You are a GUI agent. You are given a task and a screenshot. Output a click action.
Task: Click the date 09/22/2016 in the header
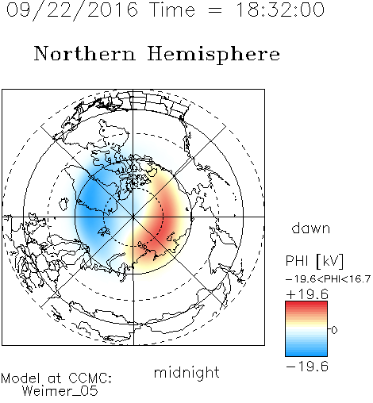(72, 10)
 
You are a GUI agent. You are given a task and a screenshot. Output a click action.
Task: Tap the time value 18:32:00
(280, 10)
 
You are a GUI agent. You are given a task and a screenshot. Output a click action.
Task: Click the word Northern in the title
(85, 53)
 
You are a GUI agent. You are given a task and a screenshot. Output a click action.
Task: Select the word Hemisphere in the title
(213, 55)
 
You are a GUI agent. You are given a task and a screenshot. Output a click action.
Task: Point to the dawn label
(311, 228)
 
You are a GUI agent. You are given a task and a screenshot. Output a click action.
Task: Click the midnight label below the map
(186, 373)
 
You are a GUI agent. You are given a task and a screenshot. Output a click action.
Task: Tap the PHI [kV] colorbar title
(314, 261)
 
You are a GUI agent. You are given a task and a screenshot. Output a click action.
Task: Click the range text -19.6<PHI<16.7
(328, 279)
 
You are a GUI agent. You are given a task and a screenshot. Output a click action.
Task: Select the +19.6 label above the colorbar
(307, 294)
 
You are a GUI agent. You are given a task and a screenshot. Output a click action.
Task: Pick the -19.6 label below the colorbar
(307, 367)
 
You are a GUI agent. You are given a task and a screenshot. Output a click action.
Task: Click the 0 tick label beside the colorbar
(334, 330)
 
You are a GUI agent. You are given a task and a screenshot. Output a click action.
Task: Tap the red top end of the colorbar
(306, 304)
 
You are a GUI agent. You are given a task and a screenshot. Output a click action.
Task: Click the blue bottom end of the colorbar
(306, 354)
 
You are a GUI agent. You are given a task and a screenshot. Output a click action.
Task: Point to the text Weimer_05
(60, 391)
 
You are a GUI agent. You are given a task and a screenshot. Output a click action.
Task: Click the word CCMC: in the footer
(90, 378)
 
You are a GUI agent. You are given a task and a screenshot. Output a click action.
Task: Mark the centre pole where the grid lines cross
(133, 217)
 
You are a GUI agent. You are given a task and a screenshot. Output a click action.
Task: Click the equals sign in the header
(214, 10)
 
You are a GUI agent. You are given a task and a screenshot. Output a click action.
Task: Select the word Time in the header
(172, 10)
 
